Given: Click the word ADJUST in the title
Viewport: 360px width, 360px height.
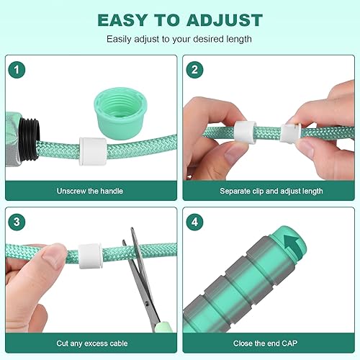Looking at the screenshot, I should point(219,20).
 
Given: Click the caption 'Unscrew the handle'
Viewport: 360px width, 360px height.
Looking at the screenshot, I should point(90,192).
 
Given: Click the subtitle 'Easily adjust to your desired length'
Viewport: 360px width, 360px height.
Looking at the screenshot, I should point(180,38).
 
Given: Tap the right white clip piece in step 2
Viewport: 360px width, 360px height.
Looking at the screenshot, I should point(292,132).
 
